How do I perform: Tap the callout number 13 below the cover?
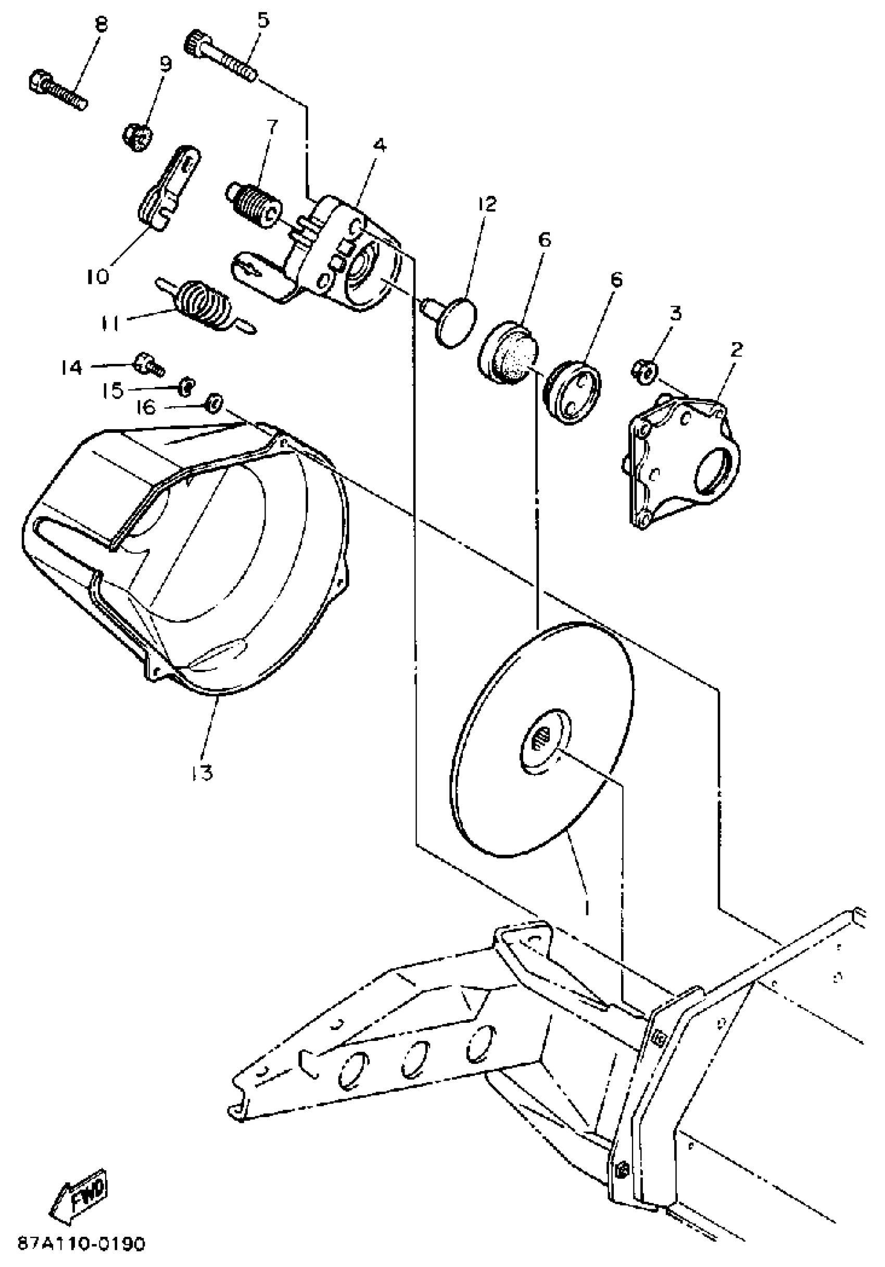pos(203,773)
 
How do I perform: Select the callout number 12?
pos(487,204)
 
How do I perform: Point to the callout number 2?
pos(737,349)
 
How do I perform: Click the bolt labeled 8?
pos(57,89)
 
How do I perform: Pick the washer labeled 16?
pos(213,403)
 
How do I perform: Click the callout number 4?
pos(379,145)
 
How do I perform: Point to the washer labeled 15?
pos(186,387)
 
